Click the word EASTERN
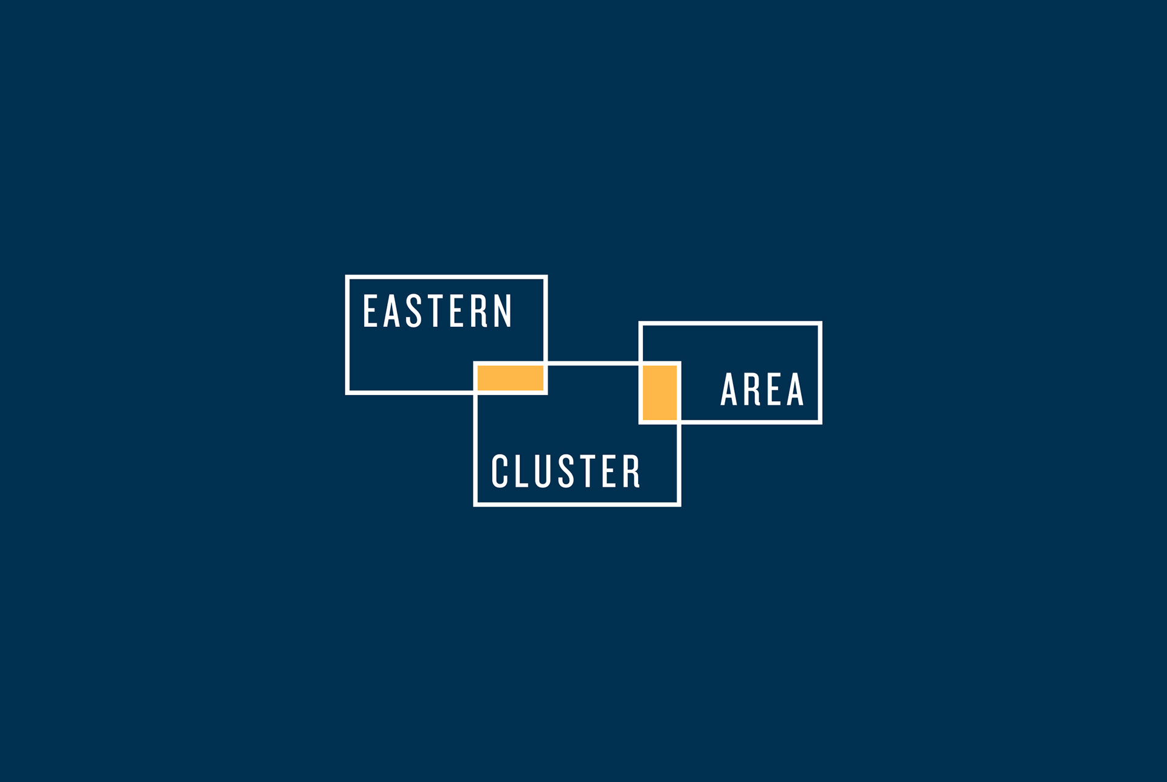coord(438,310)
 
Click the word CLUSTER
coord(566,471)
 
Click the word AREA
coord(762,389)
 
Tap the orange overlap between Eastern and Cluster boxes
coord(511,377)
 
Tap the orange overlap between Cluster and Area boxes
coord(660,393)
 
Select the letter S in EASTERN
coord(414,310)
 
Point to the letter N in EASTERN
coord(503,310)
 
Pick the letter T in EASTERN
coord(435,310)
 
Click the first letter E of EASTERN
coord(371,310)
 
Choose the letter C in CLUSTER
coord(500,471)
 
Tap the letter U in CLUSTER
coord(543,471)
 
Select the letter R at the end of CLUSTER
coord(632,471)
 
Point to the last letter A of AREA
coord(795,389)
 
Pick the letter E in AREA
coord(774,389)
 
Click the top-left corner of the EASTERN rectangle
coord(347,277)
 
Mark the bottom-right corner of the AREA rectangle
coord(820,422)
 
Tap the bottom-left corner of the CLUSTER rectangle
coord(475,504)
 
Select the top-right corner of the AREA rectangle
coord(820,323)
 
